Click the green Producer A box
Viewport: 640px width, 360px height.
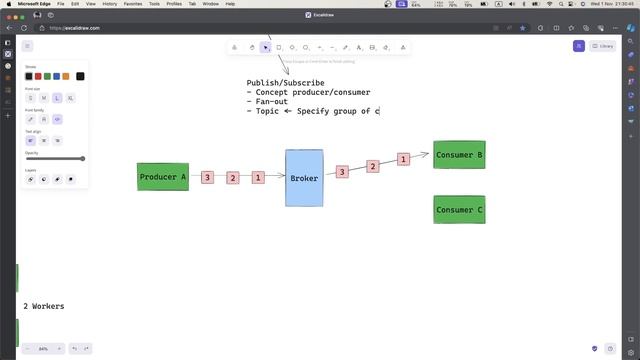(x=163, y=177)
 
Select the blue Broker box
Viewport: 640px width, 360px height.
(x=304, y=178)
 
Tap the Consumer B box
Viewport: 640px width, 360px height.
(x=459, y=155)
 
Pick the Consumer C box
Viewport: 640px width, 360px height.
(x=459, y=209)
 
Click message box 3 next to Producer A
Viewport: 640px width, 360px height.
(x=207, y=177)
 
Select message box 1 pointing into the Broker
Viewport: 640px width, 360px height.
(x=258, y=177)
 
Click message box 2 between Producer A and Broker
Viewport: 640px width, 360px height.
(x=232, y=178)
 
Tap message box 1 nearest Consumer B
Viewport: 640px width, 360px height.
(x=403, y=159)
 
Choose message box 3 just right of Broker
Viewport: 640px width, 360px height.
(x=341, y=172)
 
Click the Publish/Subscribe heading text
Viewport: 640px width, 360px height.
(x=285, y=83)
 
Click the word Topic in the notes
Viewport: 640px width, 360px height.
(x=267, y=111)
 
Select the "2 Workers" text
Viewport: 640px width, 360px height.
(x=43, y=306)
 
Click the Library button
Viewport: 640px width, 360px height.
(x=603, y=46)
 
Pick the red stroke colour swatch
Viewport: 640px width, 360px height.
(x=38, y=76)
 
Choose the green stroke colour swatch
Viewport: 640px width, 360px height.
(x=46, y=76)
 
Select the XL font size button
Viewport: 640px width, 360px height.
(x=70, y=98)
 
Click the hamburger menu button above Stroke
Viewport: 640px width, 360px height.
(x=27, y=46)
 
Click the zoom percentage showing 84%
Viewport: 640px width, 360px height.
(x=43, y=348)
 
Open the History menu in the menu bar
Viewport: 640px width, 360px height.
(x=109, y=4)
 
